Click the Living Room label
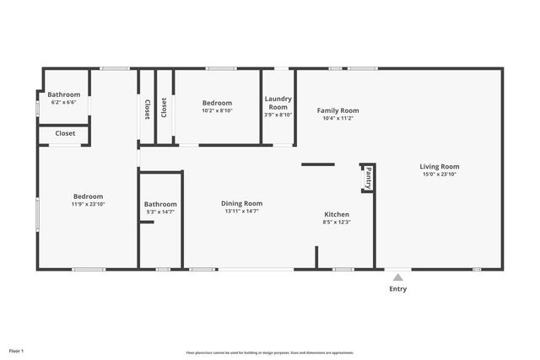[439, 166]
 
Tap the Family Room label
[337, 110]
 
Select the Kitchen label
[336, 214]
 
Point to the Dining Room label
[241, 203]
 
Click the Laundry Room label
[278, 103]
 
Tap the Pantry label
[368, 178]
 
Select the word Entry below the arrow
[397, 289]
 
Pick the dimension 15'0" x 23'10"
[439, 175]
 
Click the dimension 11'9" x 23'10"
[87, 204]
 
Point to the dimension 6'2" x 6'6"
[63, 102]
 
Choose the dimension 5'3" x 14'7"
[160, 212]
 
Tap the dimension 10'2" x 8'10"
[217, 110]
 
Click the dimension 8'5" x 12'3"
[336, 223]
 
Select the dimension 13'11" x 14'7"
[241, 211]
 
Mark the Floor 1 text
[17, 350]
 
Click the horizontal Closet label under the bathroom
[65, 133]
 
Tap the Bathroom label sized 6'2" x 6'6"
[63, 94]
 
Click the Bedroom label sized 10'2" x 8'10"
[217, 103]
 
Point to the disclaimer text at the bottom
[270, 352]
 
